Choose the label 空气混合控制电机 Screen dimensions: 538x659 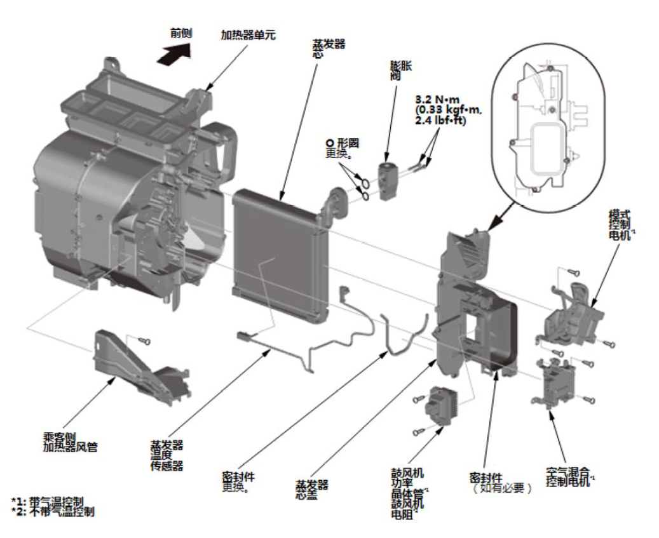[569, 475]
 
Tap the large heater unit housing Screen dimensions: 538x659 [121, 184]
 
